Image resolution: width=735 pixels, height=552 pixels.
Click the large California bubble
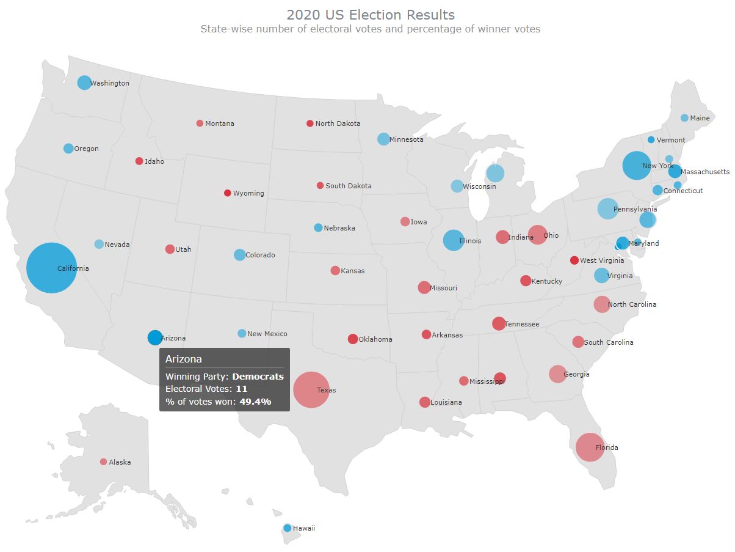pyautogui.click(x=51, y=268)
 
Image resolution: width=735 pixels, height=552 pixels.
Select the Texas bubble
pyautogui.click(x=311, y=389)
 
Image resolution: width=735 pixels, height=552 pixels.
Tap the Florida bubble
pyautogui.click(x=589, y=447)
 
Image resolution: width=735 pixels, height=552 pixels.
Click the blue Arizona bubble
pyautogui.click(x=155, y=337)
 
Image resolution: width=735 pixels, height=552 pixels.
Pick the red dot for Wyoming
pyautogui.click(x=228, y=193)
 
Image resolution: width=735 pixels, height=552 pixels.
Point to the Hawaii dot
pyautogui.click(x=287, y=528)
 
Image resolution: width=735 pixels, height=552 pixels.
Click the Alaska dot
pyautogui.click(x=103, y=462)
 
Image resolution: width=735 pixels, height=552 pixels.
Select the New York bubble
pyautogui.click(x=637, y=166)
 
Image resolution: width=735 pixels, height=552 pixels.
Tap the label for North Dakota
pyautogui.click(x=338, y=123)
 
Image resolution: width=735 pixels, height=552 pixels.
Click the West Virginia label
pyautogui.click(x=602, y=260)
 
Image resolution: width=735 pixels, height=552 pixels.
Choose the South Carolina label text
pyautogui.click(x=609, y=342)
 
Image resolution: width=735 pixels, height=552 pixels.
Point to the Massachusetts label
pyautogui.click(x=704, y=172)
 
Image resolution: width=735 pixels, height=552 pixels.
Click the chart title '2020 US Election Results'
pyautogui.click(x=371, y=15)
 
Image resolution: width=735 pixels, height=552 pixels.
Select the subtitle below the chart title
pyautogui.click(x=371, y=29)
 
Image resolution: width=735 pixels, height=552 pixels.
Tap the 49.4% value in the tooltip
pyautogui.click(x=255, y=402)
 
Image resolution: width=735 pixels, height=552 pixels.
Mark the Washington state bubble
pyautogui.click(x=84, y=83)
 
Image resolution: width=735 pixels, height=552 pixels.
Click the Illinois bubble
pyautogui.click(x=452, y=240)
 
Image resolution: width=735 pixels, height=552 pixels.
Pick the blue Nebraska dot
pyautogui.click(x=318, y=227)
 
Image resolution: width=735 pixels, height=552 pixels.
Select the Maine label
pyautogui.click(x=700, y=118)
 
